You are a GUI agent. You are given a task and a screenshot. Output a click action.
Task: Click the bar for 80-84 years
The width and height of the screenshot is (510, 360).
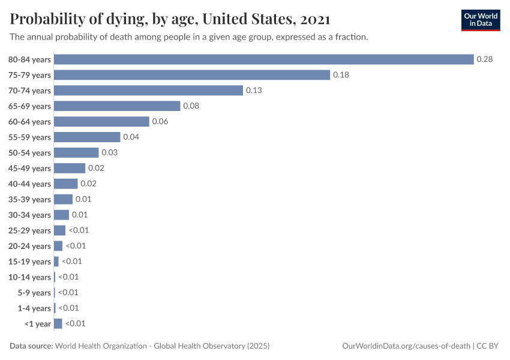pos(264,59)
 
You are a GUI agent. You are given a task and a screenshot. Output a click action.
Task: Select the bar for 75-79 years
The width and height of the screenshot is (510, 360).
pos(192,75)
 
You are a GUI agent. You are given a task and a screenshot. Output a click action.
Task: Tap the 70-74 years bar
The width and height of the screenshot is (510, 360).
pos(148,91)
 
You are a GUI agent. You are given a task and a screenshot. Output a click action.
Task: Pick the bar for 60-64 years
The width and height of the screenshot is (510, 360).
pos(101,122)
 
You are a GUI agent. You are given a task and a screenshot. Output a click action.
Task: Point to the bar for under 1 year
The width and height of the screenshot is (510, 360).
pos(58,324)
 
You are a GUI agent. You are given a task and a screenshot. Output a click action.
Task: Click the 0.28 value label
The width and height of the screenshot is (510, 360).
pos(484,59)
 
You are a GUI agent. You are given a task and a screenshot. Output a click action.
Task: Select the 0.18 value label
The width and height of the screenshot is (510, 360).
pos(341,75)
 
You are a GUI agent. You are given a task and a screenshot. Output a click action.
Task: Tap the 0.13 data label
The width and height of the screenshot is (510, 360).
pos(254,91)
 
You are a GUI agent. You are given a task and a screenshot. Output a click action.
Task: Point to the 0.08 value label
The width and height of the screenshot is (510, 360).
pos(191,106)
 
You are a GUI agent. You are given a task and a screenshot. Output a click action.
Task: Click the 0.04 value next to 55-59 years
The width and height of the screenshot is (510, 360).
pos(131,137)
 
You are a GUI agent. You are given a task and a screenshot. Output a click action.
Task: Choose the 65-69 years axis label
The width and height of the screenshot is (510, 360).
pos(29,106)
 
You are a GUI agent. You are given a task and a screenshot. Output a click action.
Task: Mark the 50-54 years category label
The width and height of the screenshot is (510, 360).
pos(29,153)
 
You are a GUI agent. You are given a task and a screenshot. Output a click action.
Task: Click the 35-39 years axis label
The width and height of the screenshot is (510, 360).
pos(29,200)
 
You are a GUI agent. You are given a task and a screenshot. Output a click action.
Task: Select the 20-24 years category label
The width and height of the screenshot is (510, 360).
pos(29,246)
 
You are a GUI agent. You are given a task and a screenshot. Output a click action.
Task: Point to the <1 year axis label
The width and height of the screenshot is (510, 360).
pos(38,324)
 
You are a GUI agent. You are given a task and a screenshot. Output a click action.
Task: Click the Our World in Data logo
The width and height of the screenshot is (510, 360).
pos(481,20)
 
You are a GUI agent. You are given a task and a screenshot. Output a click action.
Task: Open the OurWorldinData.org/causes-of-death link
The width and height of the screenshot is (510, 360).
pos(405,346)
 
